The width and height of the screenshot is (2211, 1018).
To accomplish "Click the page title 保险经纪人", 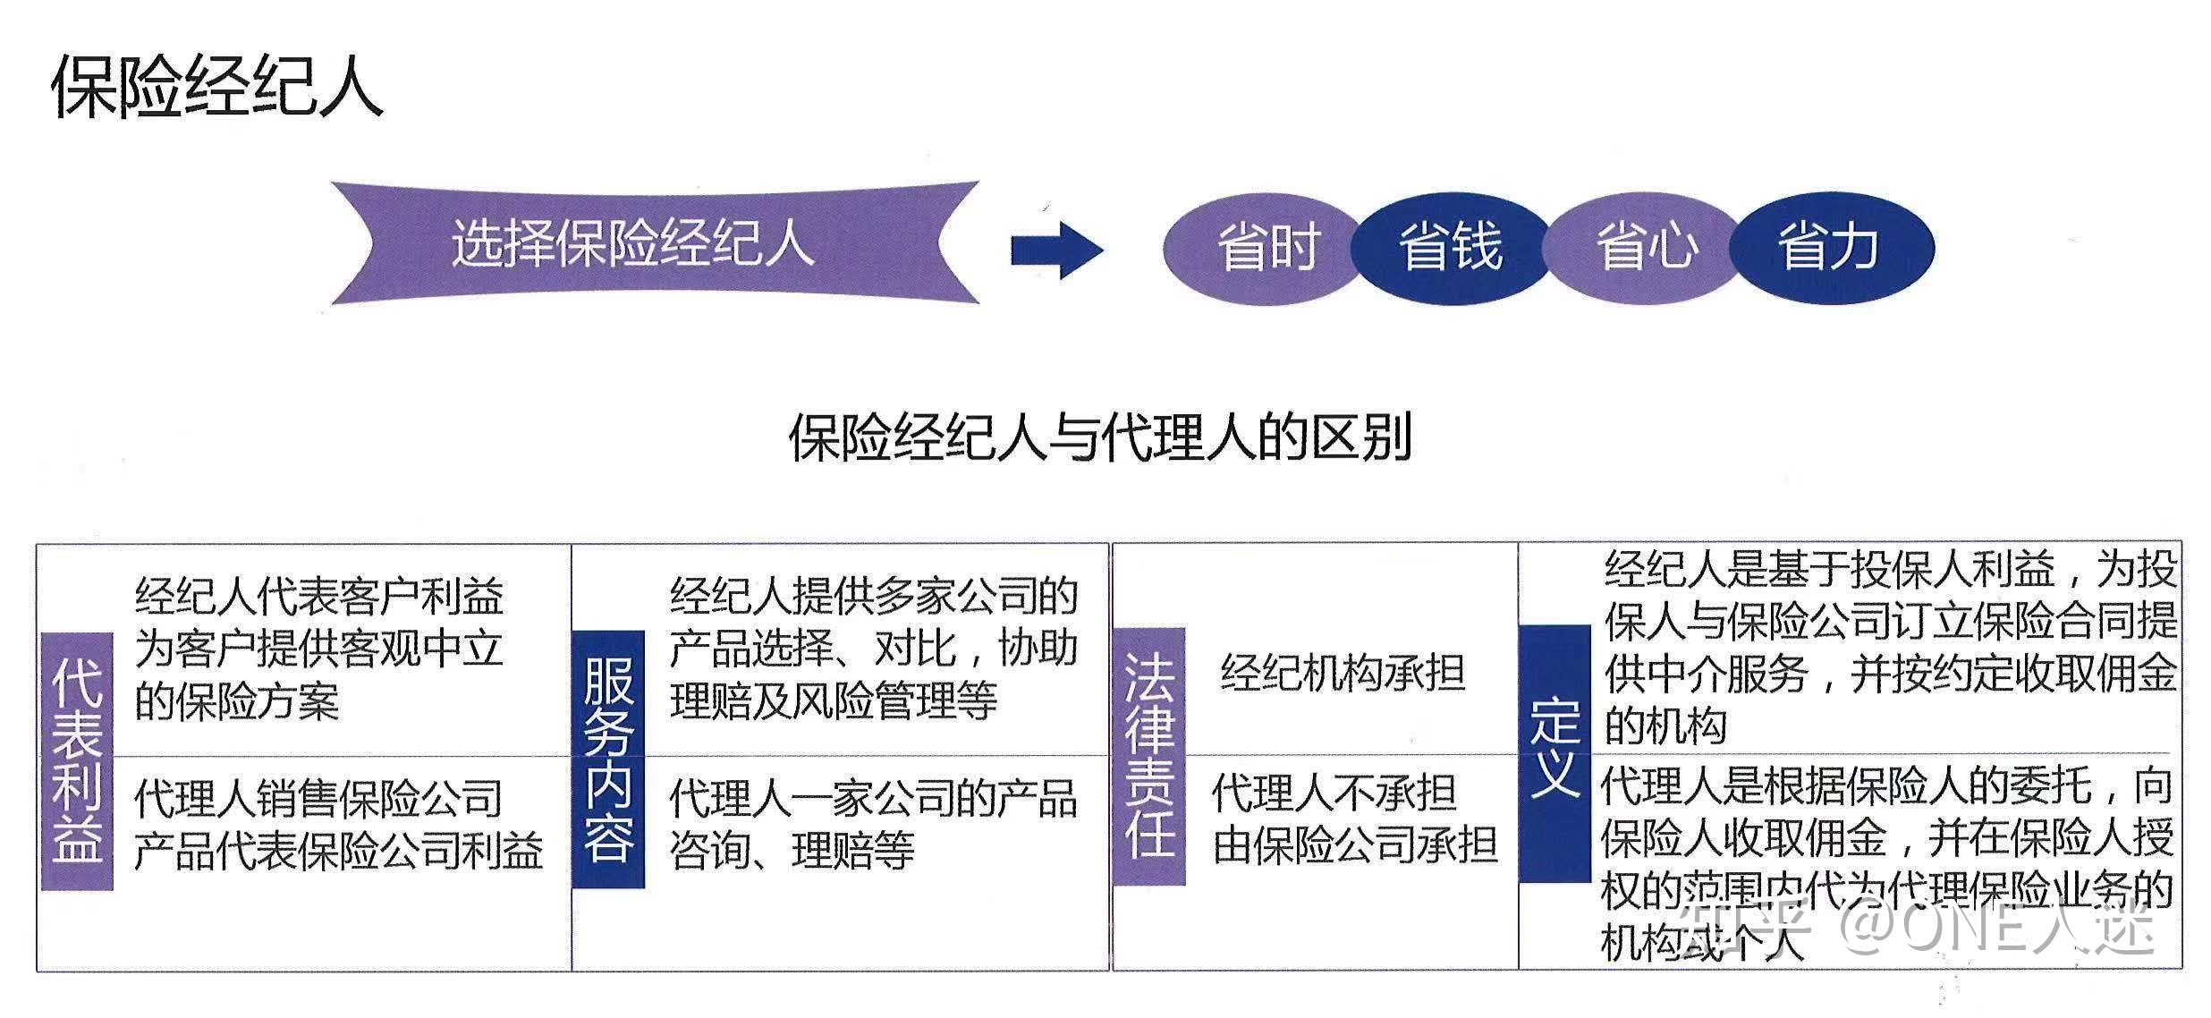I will [x=217, y=87].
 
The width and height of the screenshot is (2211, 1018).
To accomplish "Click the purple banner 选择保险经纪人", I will [x=631, y=243].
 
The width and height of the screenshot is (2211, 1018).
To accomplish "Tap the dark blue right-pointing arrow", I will [x=1056, y=250].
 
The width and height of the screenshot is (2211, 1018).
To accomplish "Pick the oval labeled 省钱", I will [x=1449, y=248].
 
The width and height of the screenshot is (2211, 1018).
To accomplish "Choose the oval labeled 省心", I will [x=1645, y=248].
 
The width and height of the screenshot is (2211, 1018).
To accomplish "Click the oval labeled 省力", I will [x=1829, y=248].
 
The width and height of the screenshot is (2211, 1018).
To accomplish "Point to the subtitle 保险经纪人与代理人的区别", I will [x=1099, y=437].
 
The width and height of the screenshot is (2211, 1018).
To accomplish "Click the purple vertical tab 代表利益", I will [x=77, y=761].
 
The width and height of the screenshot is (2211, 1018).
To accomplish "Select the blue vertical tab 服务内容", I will [x=608, y=759].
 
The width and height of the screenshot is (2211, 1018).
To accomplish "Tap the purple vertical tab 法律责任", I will [x=1149, y=757].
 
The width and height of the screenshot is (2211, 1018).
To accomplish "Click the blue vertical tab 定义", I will [x=1554, y=751].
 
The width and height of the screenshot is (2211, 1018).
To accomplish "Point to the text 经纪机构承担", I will [x=1343, y=673].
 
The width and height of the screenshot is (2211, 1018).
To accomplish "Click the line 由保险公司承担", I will [x=1354, y=845].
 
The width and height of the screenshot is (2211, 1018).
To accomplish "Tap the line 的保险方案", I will [x=237, y=702].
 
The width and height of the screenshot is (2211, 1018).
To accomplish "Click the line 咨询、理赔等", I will [x=792, y=850].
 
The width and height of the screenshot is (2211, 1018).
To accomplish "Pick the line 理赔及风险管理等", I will [x=834, y=700].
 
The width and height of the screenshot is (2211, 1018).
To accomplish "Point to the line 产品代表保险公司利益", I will [x=338, y=851].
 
